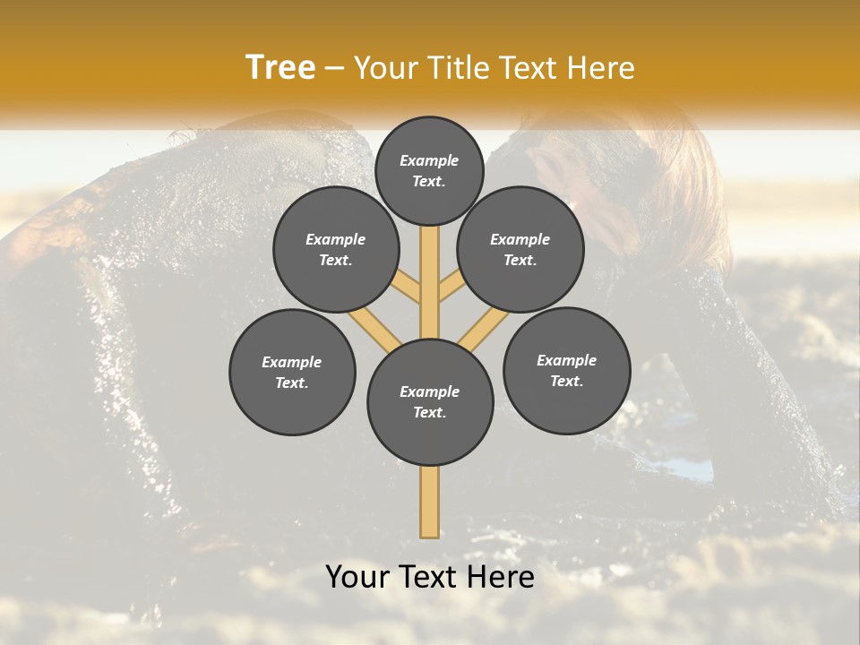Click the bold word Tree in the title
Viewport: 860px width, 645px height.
click(x=280, y=68)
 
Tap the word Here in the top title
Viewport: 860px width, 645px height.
click(x=602, y=68)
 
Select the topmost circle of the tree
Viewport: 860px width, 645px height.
click(x=429, y=170)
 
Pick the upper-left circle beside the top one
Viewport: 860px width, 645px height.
click(x=336, y=250)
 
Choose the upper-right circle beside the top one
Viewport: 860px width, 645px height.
click(x=520, y=250)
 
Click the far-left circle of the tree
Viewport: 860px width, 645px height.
click(x=292, y=373)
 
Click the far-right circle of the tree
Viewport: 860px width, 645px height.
click(x=566, y=371)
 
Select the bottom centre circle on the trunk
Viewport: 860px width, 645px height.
click(x=430, y=402)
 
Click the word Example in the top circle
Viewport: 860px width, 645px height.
click(x=429, y=161)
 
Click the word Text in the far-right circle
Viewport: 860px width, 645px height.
click(x=566, y=382)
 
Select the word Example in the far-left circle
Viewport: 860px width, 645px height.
click(x=292, y=363)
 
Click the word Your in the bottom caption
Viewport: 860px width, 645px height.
click(x=357, y=578)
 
